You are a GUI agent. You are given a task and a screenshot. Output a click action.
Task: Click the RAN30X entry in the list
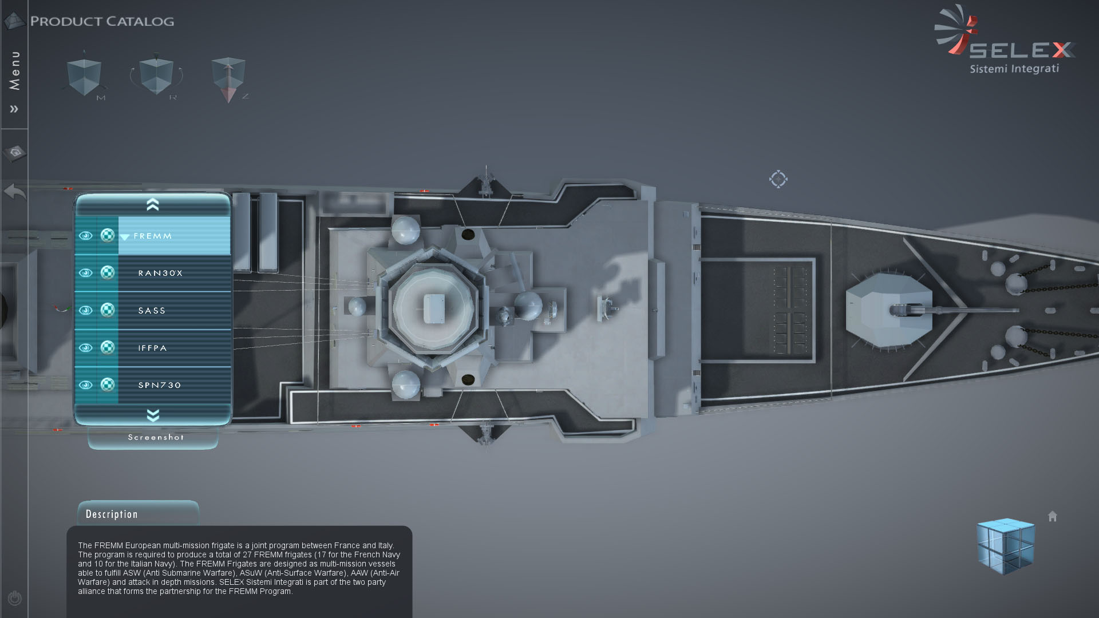pyautogui.click(x=160, y=274)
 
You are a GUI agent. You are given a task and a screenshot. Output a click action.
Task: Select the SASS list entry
pyautogui.click(x=152, y=311)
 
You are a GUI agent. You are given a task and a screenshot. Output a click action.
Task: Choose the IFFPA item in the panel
pyautogui.click(x=152, y=348)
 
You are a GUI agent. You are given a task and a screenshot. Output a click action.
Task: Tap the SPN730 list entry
pyautogui.click(x=160, y=385)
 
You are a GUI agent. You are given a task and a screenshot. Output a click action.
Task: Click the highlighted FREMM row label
pyautogui.click(x=152, y=236)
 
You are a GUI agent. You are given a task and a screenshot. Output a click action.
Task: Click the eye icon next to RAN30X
pyautogui.click(x=85, y=273)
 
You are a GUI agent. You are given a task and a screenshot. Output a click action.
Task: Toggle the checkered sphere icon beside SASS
pyautogui.click(x=107, y=310)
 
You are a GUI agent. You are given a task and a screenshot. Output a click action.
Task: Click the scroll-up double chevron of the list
pyautogui.click(x=153, y=204)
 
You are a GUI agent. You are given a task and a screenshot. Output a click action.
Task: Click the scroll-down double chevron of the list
pyautogui.click(x=153, y=415)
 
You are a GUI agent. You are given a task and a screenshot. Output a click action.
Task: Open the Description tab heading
pyautogui.click(x=112, y=514)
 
